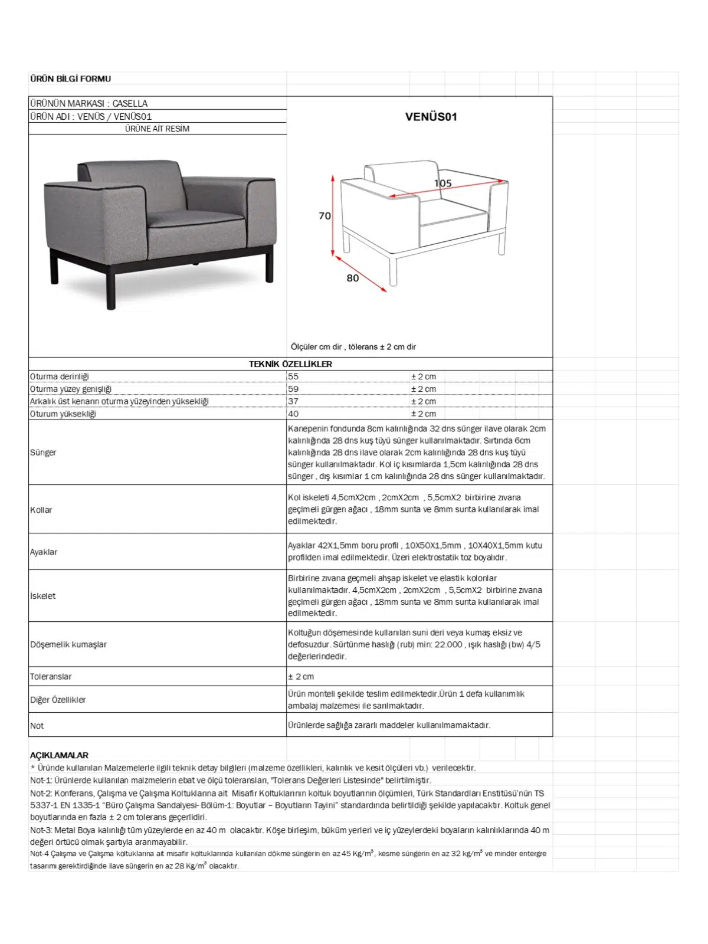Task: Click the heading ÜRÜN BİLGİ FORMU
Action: point(70,78)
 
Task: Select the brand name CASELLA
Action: point(130,103)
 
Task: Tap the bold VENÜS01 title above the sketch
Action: point(431,117)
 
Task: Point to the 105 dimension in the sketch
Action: point(442,183)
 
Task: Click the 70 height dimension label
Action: point(324,216)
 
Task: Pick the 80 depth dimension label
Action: point(352,278)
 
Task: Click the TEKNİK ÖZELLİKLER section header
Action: point(290,364)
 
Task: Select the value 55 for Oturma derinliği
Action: point(293,376)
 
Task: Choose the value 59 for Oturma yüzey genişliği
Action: point(293,389)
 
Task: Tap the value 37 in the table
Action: point(293,401)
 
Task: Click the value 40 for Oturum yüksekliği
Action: point(293,414)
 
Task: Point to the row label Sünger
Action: point(43,453)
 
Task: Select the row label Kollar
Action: point(41,510)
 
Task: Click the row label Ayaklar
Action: point(44,552)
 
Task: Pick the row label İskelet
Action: point(42,596)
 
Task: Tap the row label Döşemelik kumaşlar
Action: point(68,644)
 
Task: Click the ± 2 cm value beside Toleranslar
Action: point(301,677)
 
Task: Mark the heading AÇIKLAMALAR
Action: point(59,755)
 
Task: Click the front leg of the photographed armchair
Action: point(110,289)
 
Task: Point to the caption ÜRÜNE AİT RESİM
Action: point(157,129)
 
